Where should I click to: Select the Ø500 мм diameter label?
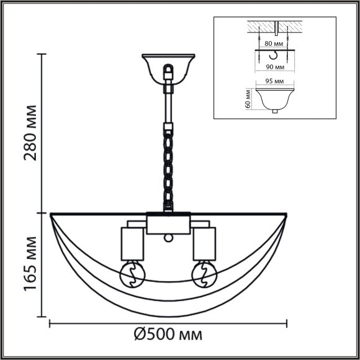[x=168, y=335]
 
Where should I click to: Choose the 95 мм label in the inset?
[x=274, y=81]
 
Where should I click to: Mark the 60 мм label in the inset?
[x=248, y=98]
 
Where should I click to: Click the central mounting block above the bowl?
[x=168, y=223]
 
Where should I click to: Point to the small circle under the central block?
[x=168, y=238]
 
